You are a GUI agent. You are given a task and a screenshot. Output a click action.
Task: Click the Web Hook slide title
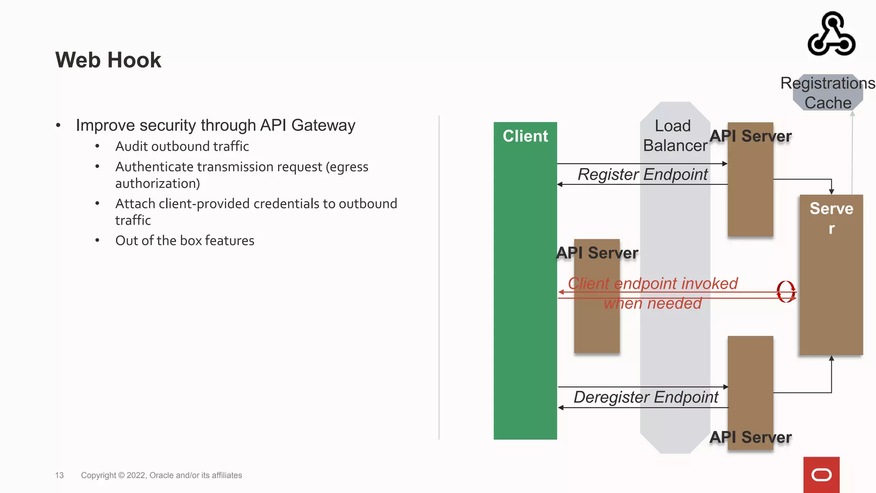108,60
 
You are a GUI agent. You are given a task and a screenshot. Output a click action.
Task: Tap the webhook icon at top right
831,34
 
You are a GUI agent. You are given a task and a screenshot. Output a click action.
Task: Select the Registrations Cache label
828,92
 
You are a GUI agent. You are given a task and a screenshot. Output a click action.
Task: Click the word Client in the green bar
525,136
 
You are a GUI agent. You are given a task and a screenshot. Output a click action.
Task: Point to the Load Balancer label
675,136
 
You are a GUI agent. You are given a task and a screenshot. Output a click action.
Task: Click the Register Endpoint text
642,175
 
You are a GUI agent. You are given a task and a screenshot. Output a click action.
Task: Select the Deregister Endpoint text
646,397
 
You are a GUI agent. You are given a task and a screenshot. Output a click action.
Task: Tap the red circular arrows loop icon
786,292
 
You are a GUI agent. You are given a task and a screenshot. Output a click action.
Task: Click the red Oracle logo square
821,475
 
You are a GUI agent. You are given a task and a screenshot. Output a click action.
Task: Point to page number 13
59,475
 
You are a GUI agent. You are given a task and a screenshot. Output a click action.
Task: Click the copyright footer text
161,475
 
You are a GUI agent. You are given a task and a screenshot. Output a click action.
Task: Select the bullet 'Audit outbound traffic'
182,146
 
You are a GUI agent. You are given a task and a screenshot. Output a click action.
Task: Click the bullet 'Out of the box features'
185,241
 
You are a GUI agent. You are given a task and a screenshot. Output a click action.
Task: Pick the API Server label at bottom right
751,437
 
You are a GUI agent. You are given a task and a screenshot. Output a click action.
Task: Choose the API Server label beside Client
597,253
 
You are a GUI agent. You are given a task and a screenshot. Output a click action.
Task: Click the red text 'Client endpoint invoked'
653,283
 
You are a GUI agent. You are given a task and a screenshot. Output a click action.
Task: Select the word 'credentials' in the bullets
276,204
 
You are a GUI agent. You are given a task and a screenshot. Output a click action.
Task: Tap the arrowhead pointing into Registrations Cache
852,114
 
